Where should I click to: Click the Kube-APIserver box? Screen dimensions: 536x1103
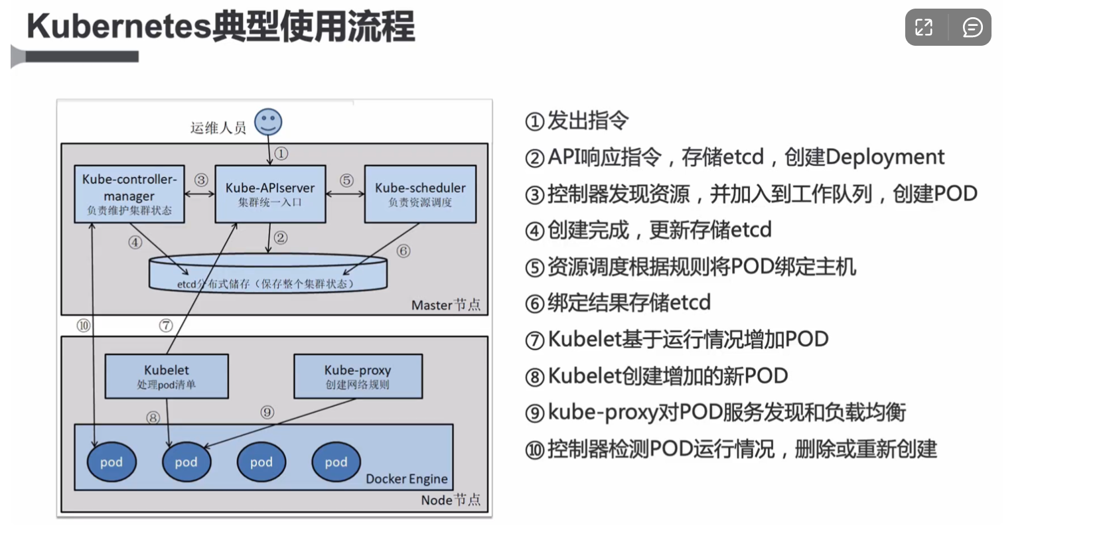[270, 194]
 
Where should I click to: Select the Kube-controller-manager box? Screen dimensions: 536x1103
[129, 194]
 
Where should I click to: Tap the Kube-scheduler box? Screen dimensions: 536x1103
[420, 194]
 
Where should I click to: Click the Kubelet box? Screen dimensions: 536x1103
[167, 376]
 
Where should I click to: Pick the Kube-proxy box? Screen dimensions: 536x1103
[358, 376]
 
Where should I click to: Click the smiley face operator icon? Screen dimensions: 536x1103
[268, 122]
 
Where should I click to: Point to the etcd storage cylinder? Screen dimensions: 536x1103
[268, 274]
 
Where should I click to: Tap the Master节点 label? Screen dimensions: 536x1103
[445, 305]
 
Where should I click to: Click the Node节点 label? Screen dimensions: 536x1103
[451, 500]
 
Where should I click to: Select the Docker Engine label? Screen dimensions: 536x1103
[406, 479]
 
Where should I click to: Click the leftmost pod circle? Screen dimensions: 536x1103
[111, 462]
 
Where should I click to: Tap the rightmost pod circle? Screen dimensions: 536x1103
[336, 462]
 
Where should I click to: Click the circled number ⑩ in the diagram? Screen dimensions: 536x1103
[84, 326]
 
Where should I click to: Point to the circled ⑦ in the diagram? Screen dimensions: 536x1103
[166, 326]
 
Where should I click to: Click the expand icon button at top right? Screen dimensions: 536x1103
[924, 27]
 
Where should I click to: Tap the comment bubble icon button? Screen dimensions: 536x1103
[972, 27]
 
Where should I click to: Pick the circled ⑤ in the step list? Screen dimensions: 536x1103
[534, 267]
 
